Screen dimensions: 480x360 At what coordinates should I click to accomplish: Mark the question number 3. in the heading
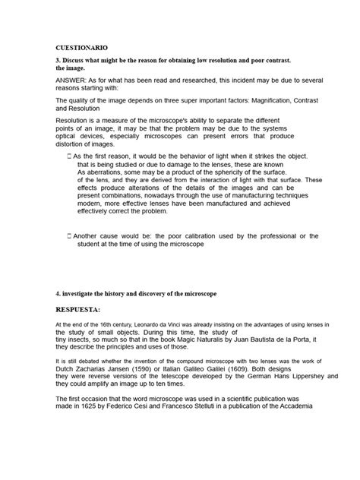click(59, 59)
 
